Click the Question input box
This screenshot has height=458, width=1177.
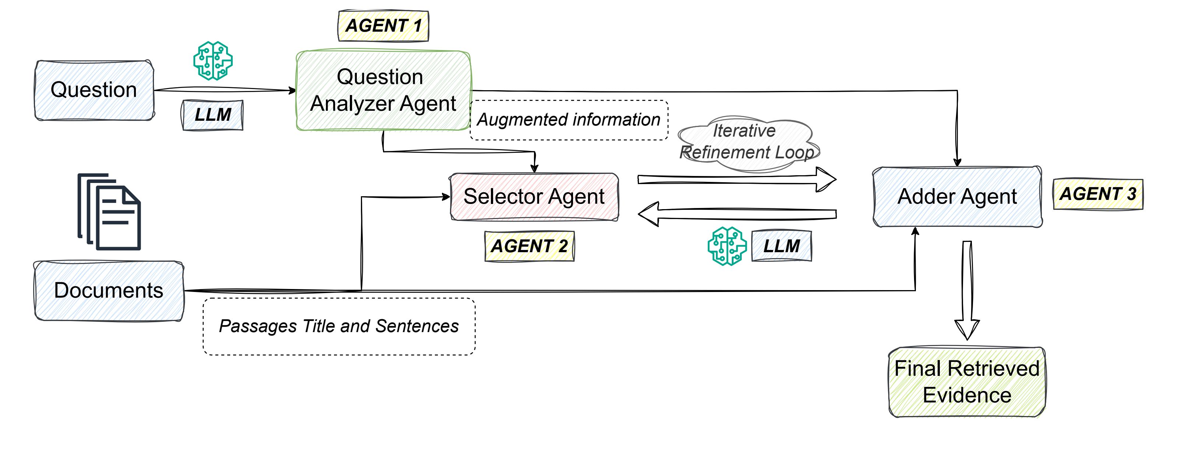[x=94, y=90]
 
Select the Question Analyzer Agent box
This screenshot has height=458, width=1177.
[x=383, y=91]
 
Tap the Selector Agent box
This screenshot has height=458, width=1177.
[x=534, y=197]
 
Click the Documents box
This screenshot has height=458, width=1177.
[x=109, y=290]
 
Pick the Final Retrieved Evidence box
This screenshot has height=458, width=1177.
[x=967, y=382]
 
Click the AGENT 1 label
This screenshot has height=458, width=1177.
[x=383, y=25]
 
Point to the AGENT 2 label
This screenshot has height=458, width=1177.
[x=529, y=246]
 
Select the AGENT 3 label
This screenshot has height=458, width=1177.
[x=1097, y=194]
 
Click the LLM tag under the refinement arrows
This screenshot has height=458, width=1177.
[x=781, y=246]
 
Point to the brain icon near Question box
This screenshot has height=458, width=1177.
[x=213, y=61]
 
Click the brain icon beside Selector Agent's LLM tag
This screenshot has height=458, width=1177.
[x=727, y=246]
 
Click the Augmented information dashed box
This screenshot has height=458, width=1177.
[x=569, y=120]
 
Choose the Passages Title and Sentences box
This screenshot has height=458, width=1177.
[x=339, y=326]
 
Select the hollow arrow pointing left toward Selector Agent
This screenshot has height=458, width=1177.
[x=737, y=214]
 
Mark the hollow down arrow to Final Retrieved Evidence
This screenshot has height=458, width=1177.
[x=967, y=290]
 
